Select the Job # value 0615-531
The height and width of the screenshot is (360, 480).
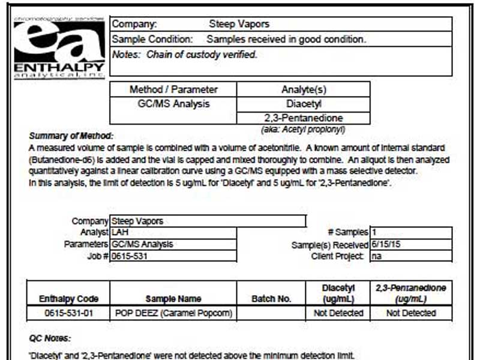tap(130, 256)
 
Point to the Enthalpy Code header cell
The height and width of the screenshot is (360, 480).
tap(68, 298)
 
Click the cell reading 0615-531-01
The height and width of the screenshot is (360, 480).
tap(68, 313)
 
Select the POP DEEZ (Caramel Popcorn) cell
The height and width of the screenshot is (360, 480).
tap(173, 313)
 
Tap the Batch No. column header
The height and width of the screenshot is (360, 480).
tap(271, 298)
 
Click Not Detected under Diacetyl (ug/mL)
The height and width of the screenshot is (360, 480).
tap(338, 313)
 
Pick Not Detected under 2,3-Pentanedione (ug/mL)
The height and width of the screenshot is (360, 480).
tap(411, 313)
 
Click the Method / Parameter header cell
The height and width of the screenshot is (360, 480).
tap(173, 89)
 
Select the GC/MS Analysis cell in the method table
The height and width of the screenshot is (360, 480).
tap(173, 104)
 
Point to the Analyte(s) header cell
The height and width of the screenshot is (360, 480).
tap(304, 89)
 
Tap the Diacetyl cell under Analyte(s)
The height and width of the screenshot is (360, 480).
tap(304, 104)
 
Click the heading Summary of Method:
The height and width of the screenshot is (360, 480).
tap(71, 136)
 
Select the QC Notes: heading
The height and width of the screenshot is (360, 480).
tap(50, 338)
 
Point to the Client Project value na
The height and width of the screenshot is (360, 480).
tap(377, 256)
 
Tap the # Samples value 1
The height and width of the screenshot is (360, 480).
tap(374, 232)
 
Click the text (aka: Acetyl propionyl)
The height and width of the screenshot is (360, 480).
tap(303, 129)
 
